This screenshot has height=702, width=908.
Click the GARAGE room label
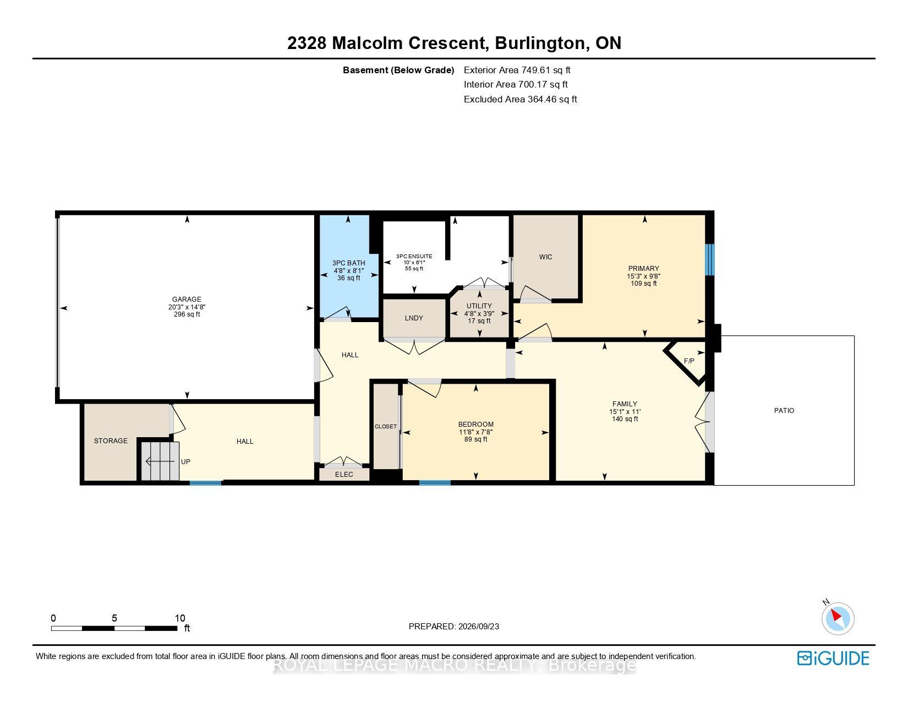[187, 300]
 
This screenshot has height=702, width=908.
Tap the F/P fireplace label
[689, 361]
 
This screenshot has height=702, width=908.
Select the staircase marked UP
[160, 461]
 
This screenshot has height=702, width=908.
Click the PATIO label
[784, 411]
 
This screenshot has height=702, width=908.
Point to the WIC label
[546, 257]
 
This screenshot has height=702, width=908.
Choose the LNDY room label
[414, 318]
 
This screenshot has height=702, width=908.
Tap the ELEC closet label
[344, 475]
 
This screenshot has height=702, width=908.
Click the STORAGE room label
[111, 440]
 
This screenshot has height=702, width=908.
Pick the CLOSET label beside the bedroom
[386, 427]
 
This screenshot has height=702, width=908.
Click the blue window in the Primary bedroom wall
[709, 260]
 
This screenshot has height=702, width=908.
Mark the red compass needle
[836, 616]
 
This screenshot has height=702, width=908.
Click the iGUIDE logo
[833, 658]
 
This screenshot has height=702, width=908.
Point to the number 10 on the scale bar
[180, 618]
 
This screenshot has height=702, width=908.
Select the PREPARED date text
[454, 627]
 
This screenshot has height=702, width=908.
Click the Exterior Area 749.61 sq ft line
[517, 70]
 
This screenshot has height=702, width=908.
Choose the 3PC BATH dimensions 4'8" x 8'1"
[348, 270]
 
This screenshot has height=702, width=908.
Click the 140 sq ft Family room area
[625, 419]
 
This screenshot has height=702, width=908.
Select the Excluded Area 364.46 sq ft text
[520, 100]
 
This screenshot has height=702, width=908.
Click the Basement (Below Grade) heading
[398, 70]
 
